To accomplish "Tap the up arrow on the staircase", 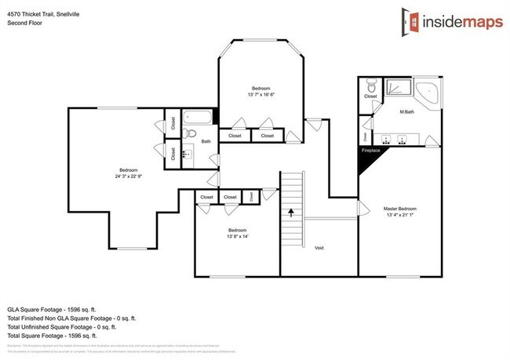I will coord(291,210).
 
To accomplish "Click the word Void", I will coord(319,248).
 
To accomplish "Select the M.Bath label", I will coord(406,111).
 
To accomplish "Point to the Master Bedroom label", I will coord(400,209).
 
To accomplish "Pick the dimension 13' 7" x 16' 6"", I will coord(260,94).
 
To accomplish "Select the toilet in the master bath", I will coord(372,85).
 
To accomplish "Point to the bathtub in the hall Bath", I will coord(199,121).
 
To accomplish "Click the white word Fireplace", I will coord(371,149).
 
